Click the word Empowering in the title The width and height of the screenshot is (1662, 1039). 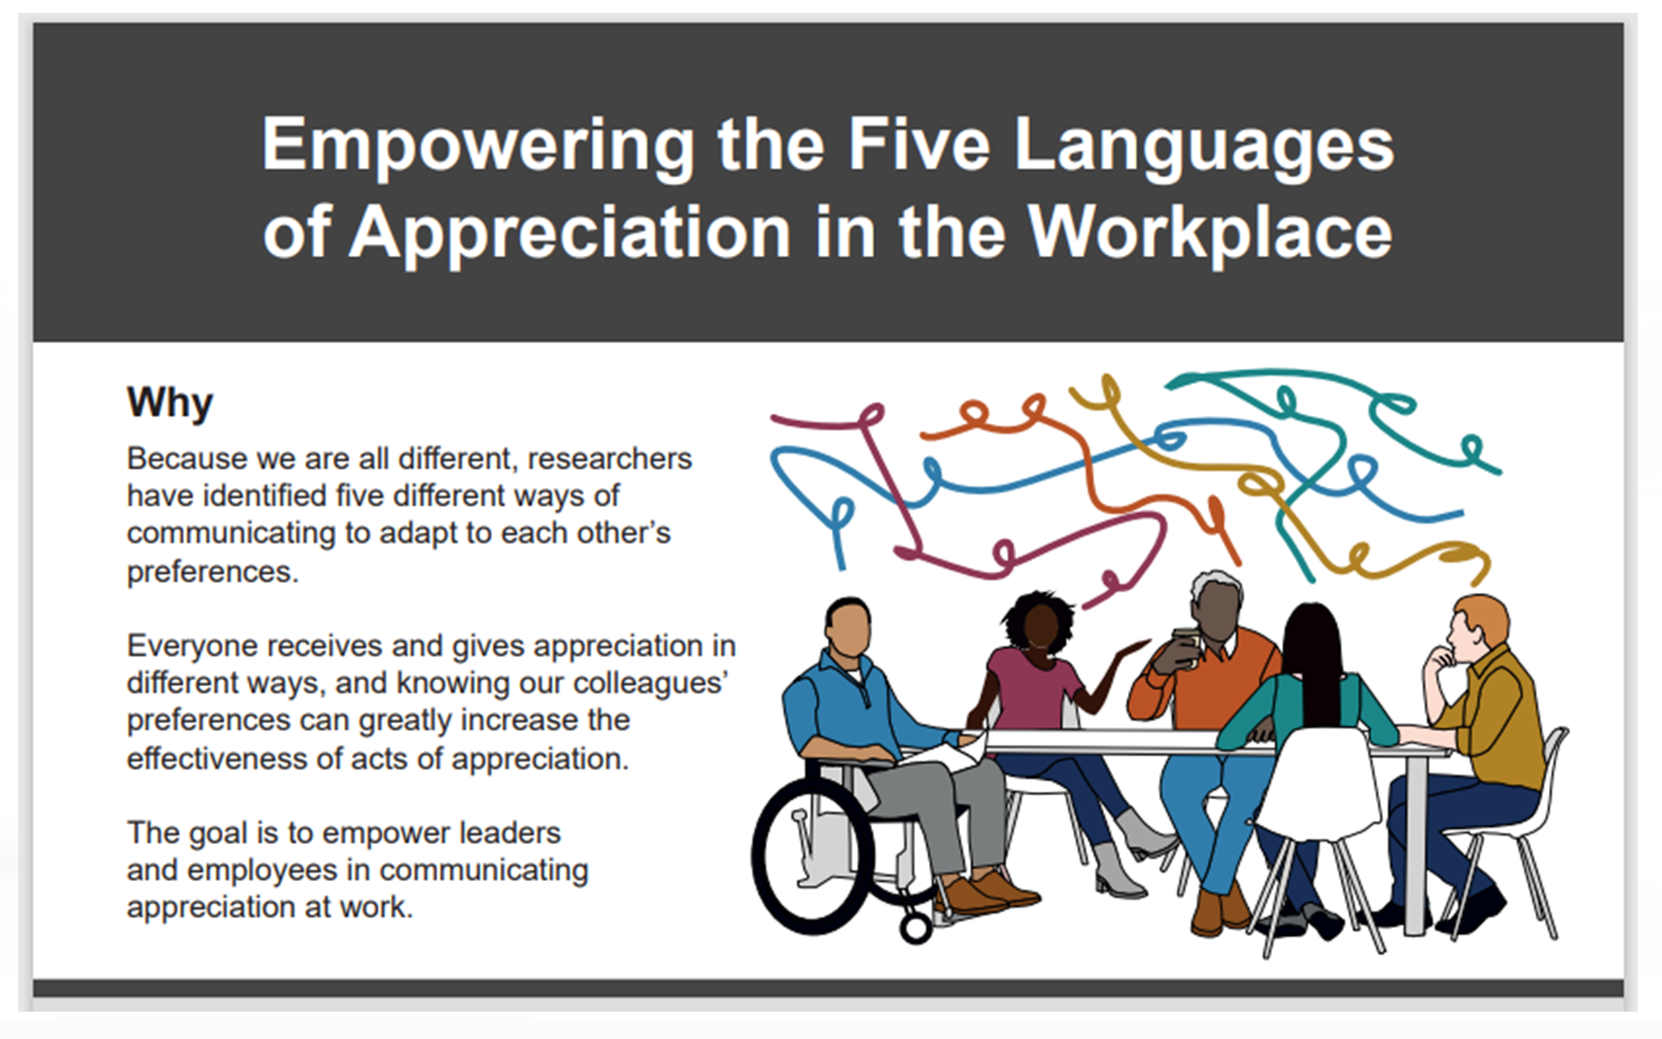point(478,146)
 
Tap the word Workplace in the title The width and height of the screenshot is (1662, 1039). point(1210,232)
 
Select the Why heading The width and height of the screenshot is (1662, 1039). point(170,402)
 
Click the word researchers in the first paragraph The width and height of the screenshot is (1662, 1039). point(609,458)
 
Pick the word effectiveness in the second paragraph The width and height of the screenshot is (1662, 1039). point(216,758)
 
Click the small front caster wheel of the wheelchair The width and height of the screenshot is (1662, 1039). point(916,927)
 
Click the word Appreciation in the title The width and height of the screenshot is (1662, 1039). point(569,232)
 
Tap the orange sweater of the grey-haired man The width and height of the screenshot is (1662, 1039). point(1214,683)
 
